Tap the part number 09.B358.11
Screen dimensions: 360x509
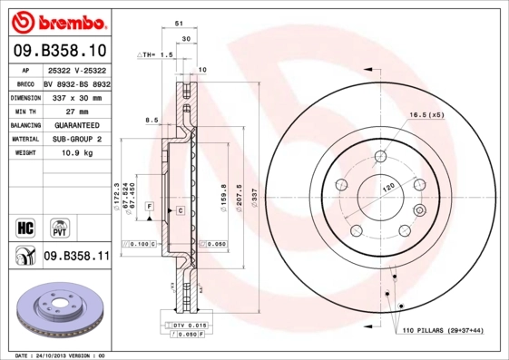pyautogui.click(x=76, y=257)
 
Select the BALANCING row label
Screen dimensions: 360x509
pyautogui.click(x=24, y=124)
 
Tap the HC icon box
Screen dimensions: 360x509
pyautogui.click(x=25, y=227)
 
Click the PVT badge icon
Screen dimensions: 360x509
pyautogui.click(x=59, y=227)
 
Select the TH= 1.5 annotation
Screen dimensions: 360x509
pyautogui.click(x=155, y=55)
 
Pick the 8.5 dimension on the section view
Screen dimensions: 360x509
pyautogui.click(x=151, y=119)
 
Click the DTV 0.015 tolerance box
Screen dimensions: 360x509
pyautogui.click(x=184, y=324)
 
